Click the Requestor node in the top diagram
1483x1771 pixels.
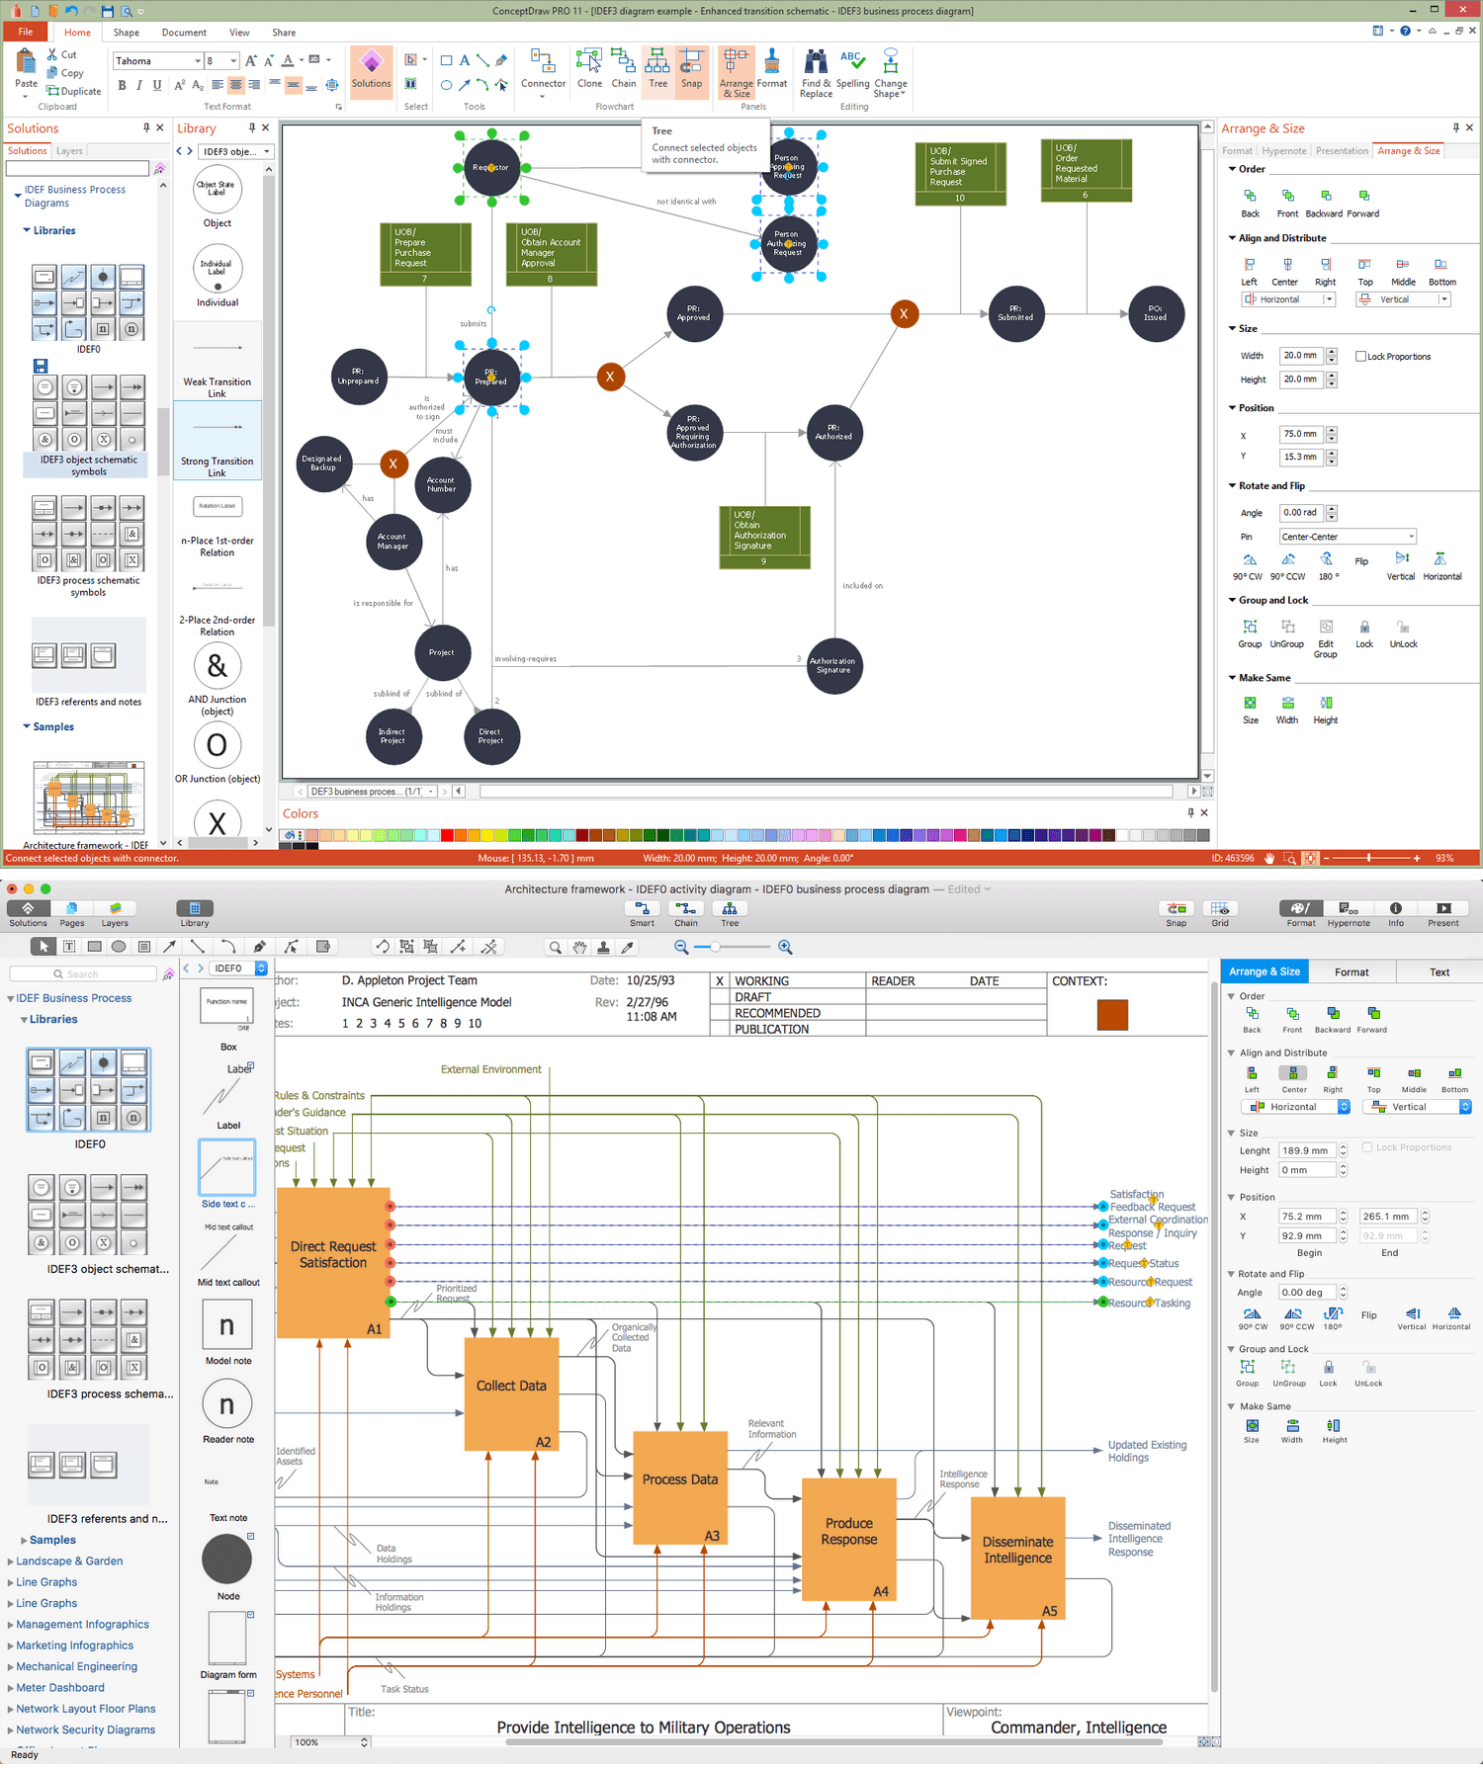tap(491, 167)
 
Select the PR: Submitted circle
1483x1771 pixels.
tap(1015, 314)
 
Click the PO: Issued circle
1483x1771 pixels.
tap(1156, 313)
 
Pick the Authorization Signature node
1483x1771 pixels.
tap(833, 666)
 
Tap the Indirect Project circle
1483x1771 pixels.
tap(393, 736)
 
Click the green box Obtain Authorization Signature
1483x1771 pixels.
tap(764, 535)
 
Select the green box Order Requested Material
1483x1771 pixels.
tap(1085, 168)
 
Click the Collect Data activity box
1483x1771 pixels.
tap(511, 1386)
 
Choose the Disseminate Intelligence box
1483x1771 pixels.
tap(1017, 1550)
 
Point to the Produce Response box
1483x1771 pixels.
tap(848, 1531)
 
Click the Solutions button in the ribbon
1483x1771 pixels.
tap(371, 70)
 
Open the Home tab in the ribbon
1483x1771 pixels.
tap(77, 33)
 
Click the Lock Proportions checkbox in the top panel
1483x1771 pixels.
tap(1361, 357)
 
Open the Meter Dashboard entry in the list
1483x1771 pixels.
tap(60, 1687)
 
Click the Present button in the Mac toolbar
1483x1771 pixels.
tap(1442, 912)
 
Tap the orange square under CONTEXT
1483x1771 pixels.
tap(1112, 1015)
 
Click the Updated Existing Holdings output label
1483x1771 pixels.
tap(1147, 1451)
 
